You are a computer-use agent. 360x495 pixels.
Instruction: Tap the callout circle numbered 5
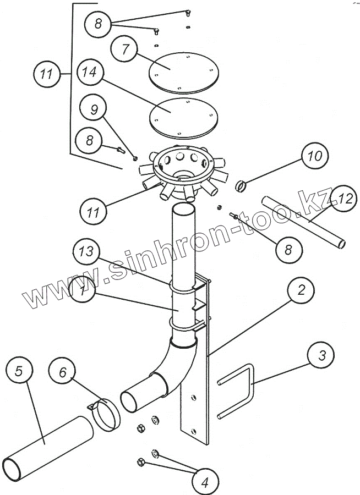[x=19, y=371]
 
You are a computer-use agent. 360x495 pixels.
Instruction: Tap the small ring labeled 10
[x=241, y=186]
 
